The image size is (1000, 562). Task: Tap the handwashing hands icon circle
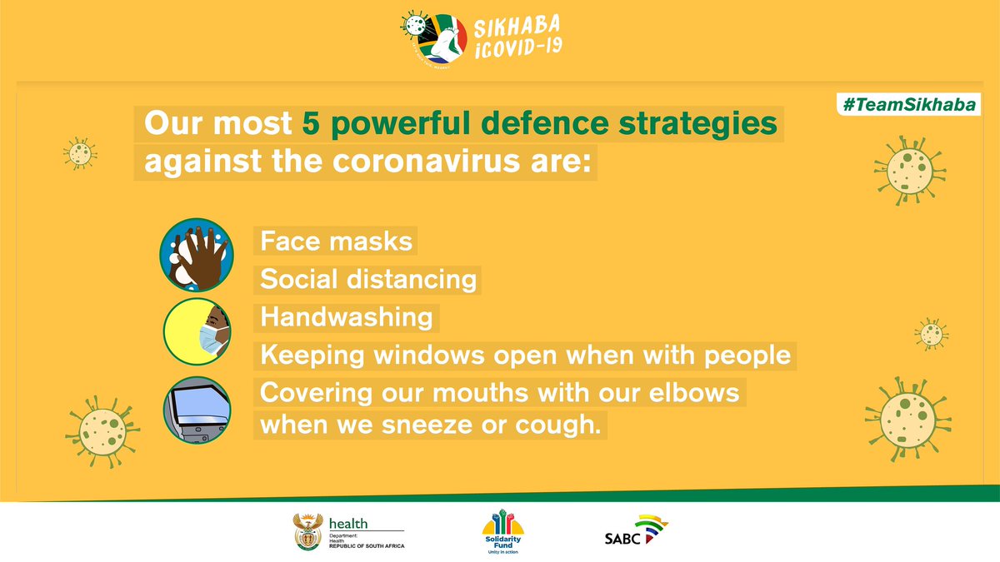click(194, 255)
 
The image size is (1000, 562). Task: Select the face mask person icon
click(196, 331)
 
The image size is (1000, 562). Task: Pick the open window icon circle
click(196, 409)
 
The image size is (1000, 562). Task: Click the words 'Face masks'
click(336, 241)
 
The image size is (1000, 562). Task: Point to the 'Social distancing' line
click(367, 280)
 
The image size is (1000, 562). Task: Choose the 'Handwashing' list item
click(347, 317)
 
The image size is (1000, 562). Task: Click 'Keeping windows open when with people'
click(525, 356)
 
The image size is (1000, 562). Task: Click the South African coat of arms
click(307, 533)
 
